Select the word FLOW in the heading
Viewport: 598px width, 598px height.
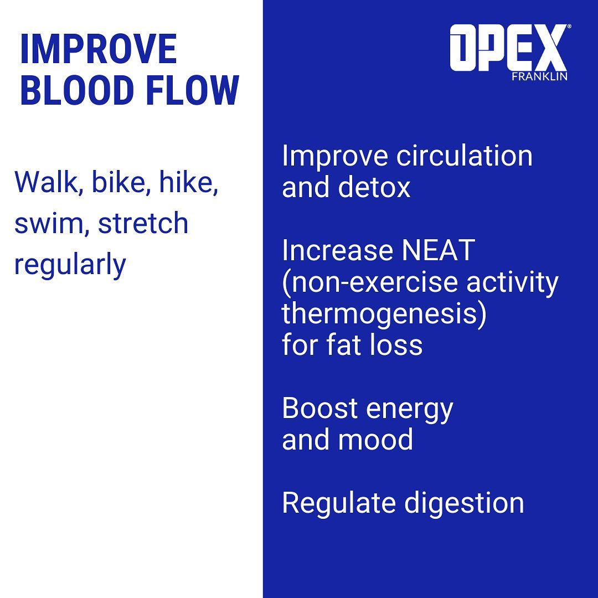coord(193,90)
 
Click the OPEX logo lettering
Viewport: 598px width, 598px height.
coord(508,47)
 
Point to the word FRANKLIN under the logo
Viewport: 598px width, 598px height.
coord(539,76)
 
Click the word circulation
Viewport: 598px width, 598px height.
coord(464,156)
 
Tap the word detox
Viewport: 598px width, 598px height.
coord(374,187)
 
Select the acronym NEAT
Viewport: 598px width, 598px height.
coord(438,251)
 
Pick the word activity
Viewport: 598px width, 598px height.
coord(512,283)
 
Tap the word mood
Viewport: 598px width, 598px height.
coord(375,440)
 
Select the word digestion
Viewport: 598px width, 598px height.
coord(464,503)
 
